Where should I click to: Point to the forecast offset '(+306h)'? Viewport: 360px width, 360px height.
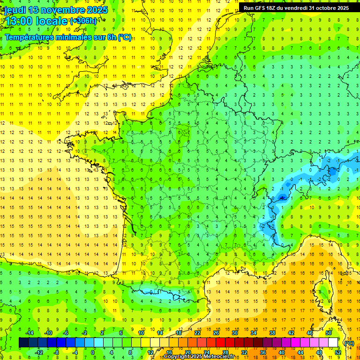click(83, 21)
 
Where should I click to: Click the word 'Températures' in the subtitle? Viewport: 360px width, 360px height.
click(28, 37)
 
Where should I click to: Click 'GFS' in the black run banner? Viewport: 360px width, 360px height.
click(262, 8)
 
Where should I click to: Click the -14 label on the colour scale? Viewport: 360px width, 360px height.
click(29, 333)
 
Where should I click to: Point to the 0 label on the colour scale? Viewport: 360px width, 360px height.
click(93, 352)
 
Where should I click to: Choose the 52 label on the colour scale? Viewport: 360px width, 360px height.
click(337, 352)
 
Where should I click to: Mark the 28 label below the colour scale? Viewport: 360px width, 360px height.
click(225, 352)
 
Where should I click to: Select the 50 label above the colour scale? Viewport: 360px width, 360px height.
click(329, 333)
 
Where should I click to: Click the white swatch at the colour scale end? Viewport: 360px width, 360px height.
click(333, 343)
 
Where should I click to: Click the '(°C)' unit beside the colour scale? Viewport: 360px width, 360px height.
click(349, 343)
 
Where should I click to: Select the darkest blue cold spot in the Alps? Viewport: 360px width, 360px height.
click(282, 197)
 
